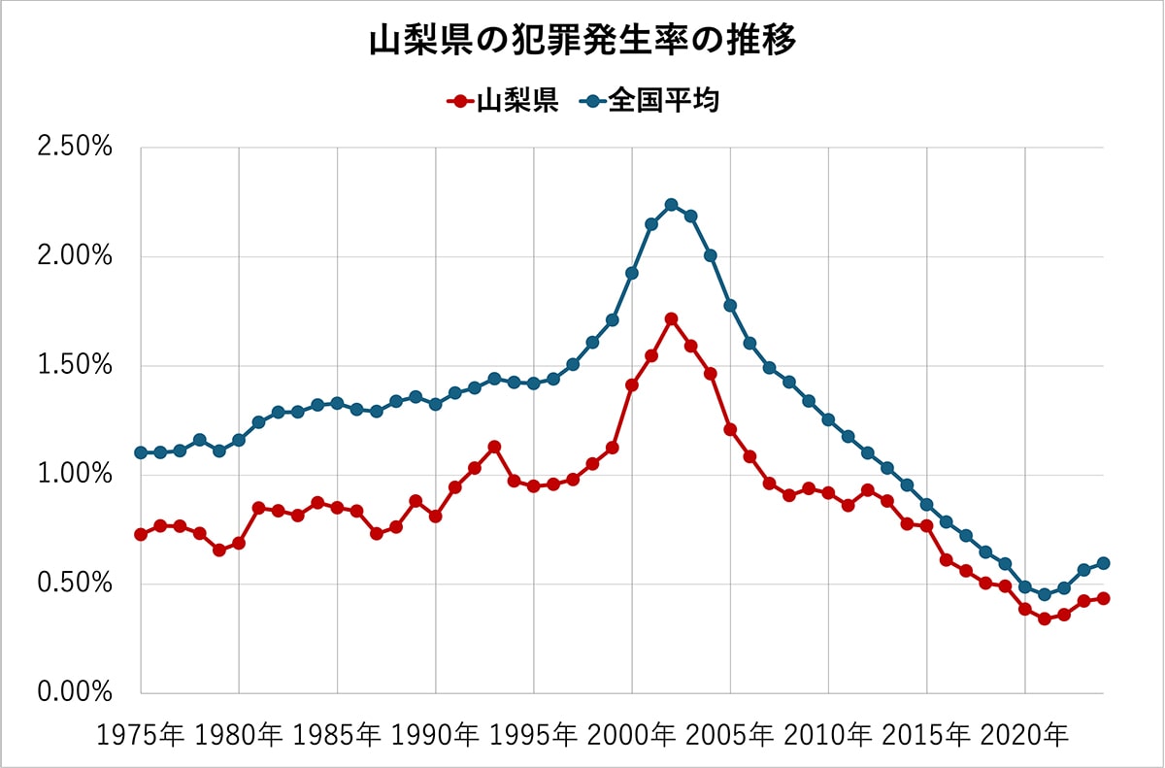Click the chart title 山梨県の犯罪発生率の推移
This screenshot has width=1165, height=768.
(x=582, y=42)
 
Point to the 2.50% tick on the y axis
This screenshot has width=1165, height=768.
(x=76, y=149)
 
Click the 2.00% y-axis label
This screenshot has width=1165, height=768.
(x=76, y=257)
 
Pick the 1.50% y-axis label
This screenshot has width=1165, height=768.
(x=76, y=366)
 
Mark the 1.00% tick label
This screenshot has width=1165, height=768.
(x=76, y=475)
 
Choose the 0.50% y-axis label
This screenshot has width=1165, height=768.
(x=76, y=584)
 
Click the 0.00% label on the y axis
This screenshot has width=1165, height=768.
(x=76, y=692)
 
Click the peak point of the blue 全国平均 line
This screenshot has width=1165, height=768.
(x=671, y=204)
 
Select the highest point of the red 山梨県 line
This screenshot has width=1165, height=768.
(x=671, y=318)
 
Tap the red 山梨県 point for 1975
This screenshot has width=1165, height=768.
(x=141, y=534)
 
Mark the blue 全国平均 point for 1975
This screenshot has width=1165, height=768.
(x=141, y=452)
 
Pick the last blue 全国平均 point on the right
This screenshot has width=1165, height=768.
(x=1104, y=563)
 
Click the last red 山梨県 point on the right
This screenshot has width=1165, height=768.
(x=1104, y=598)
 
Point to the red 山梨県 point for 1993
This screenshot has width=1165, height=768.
(x=494, y=447)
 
